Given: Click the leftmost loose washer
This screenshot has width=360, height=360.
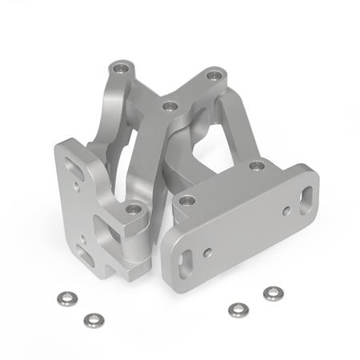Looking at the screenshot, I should tap(65, 298).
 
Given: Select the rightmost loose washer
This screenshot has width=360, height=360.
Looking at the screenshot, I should tap(273, 294).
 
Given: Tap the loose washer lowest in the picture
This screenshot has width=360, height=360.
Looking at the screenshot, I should tap(93, 320).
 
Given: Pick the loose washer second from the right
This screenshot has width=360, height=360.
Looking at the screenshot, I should tap(236, 310).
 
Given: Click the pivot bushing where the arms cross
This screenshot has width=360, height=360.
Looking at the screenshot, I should tap(169, 106).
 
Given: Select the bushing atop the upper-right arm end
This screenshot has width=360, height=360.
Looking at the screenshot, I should tap(214, 76).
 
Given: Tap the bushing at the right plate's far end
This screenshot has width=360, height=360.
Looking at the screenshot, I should tap(257, 166).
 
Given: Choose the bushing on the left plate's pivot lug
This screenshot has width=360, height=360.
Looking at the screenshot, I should tap(134, 210).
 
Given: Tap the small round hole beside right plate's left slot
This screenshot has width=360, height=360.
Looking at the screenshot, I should tap(208, 252).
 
